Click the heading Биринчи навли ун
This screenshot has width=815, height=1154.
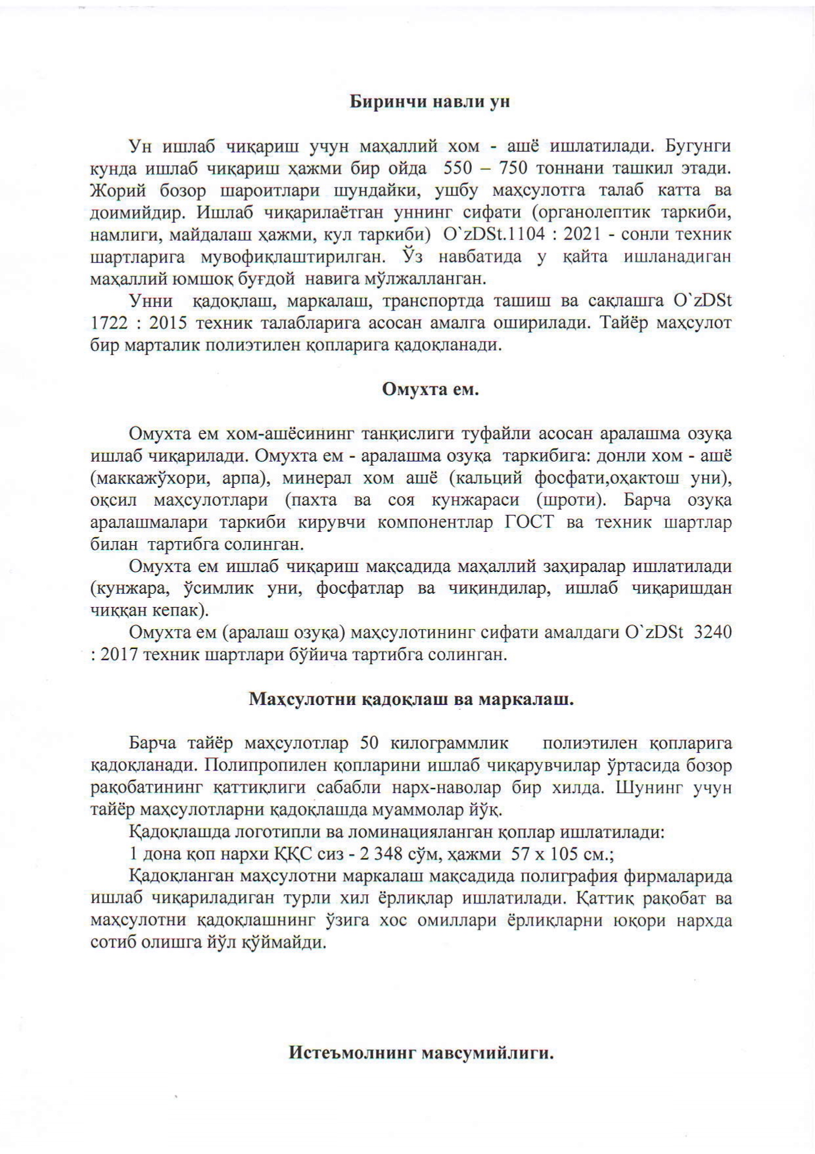coord(429,102)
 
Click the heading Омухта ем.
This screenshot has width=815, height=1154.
coord(431,389)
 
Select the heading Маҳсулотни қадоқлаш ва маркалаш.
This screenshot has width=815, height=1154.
coord(411,699)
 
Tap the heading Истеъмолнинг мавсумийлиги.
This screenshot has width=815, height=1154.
coord(421,1053)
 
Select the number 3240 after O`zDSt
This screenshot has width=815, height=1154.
coord(713,633)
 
